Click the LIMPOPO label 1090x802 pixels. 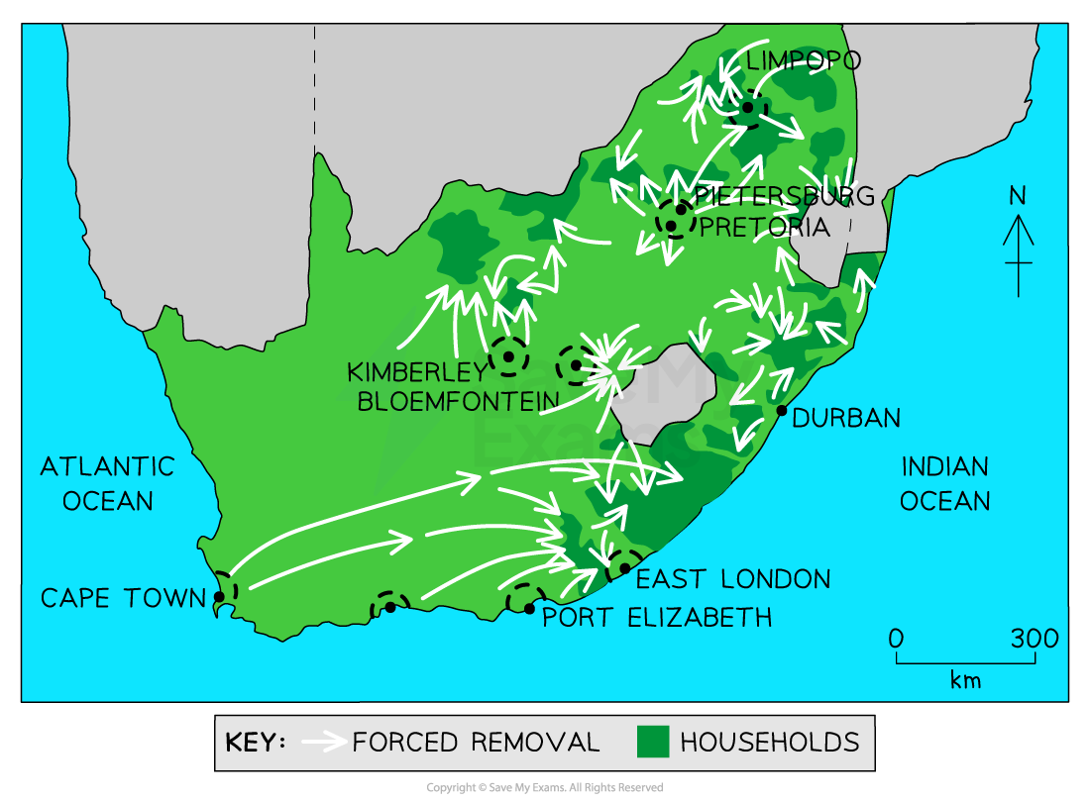tap(803, 61)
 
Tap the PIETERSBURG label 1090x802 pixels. tap(785, 196)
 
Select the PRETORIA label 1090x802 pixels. tap(764, 227)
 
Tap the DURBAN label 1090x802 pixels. tap(847, 418)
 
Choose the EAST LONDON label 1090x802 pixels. tap(732, 579)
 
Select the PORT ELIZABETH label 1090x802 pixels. tap(657, 619)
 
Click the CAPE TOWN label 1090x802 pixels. tap(122, 598)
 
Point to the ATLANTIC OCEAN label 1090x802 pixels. tap(107, 483)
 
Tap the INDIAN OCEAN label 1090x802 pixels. tap(944, 483)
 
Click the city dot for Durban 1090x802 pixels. tap(782, 410)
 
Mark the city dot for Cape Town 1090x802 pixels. tap(219, 597)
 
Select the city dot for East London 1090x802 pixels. tap(624, 568)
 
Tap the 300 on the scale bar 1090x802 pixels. tap(1035, 639)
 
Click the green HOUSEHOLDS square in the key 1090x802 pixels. tap(653, 742)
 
